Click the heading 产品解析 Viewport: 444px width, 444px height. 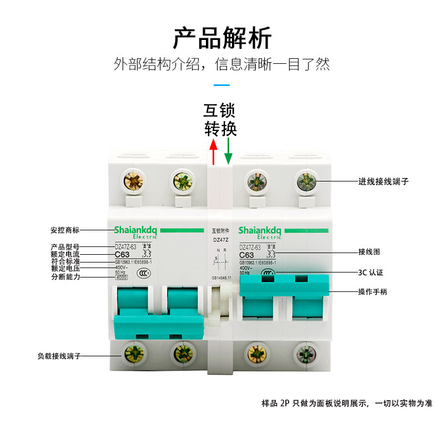click(222, 38)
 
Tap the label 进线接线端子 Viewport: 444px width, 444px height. click(384, 181)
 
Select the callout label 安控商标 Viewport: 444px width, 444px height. click(65, 230)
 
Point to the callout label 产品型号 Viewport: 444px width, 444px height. click(65, 246)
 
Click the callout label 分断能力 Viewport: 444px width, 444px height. click(65, 277)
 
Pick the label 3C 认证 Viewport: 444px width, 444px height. click(371, 273)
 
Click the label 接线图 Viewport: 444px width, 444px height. click(369, 252)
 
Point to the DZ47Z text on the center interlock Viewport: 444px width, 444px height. click(221, 240)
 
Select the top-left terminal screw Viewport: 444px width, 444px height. click(134, 180)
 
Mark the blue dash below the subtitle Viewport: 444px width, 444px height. click(221, 85)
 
